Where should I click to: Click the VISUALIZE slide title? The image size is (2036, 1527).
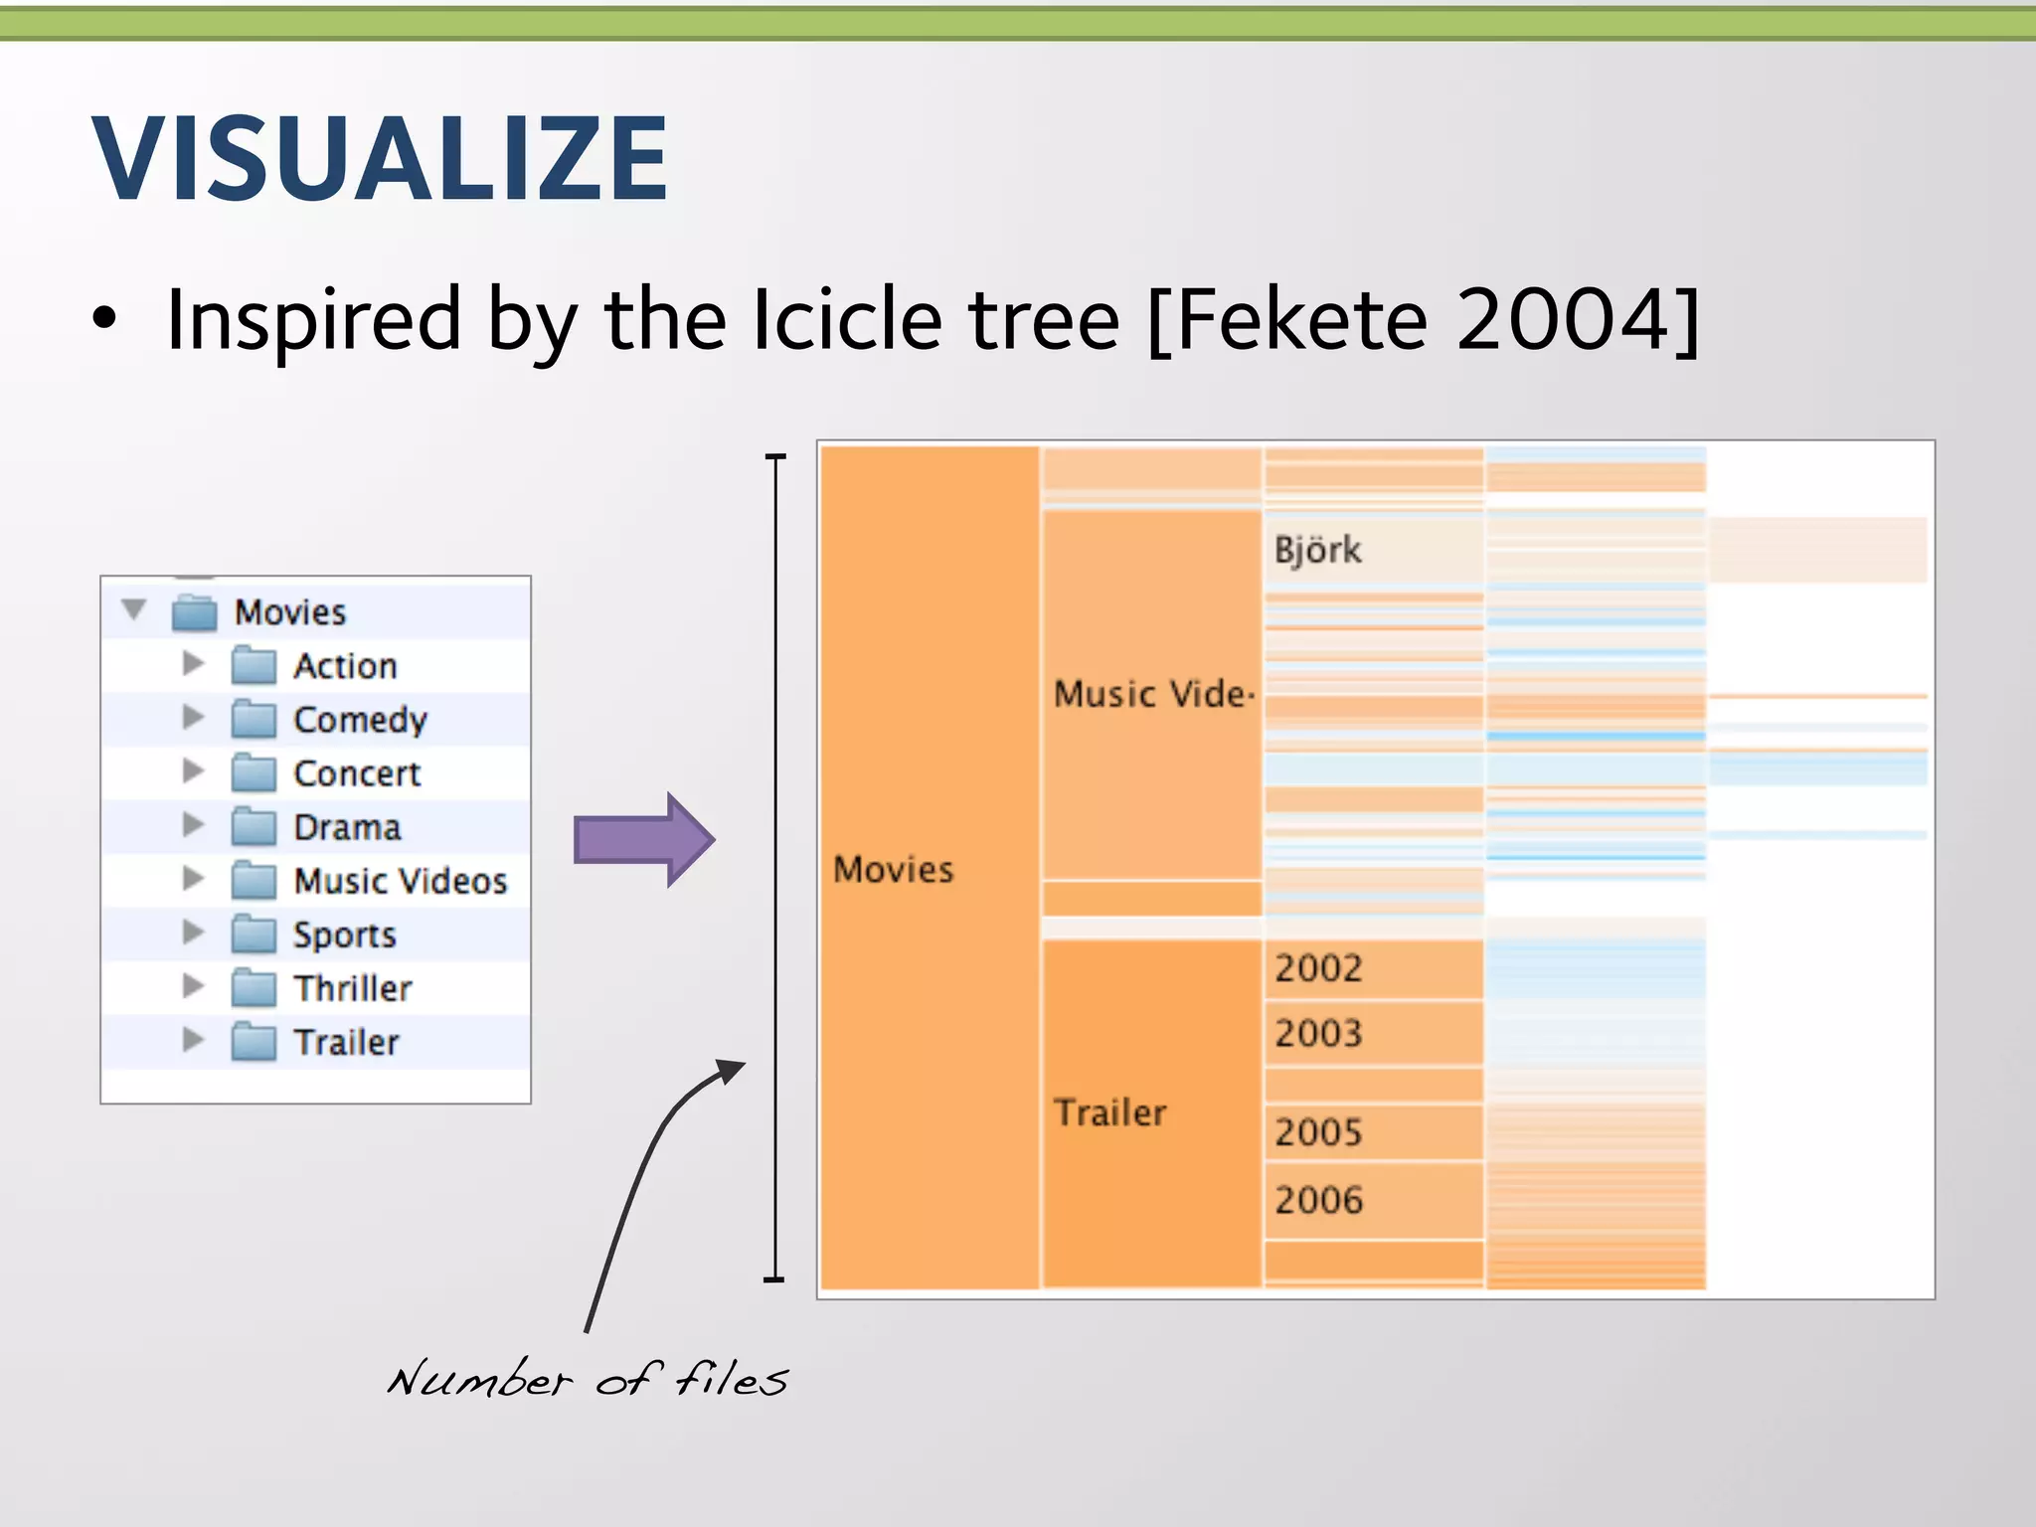(x=380, y=159)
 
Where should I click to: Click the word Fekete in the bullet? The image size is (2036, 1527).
(x=1302, y=320)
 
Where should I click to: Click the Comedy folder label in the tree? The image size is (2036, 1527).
(x=360, y=720)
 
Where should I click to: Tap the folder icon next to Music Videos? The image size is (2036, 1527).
(x=254, y=881)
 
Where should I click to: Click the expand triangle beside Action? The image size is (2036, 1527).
(x=193, y=664)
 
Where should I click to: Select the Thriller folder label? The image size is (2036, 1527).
(x=352, y=988)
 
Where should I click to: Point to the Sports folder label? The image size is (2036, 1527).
(x=344, y=934)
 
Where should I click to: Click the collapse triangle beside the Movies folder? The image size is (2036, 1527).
(x=134, y=609)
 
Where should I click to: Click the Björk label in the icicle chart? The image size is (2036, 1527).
(x=1317, y=550)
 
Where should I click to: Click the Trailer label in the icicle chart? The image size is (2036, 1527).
(x=1109, y=1112)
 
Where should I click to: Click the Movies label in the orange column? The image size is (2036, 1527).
(x=893, y=870)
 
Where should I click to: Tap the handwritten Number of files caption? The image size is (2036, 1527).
(x=587, y=1379)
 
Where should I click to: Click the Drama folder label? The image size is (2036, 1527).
(x=347, y=827)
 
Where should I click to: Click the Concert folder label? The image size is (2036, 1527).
(x=357, y=773)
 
